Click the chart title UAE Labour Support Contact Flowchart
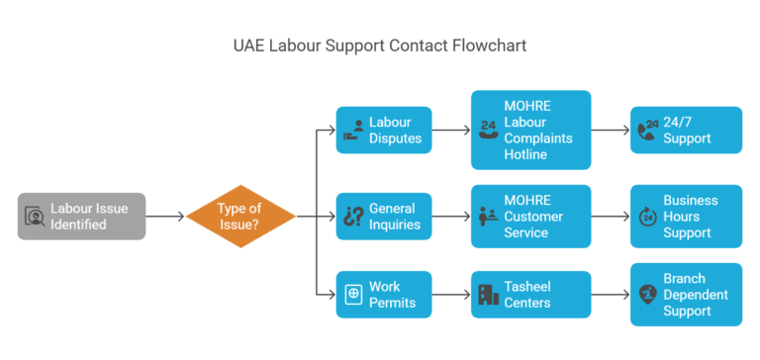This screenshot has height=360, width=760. (379, 46)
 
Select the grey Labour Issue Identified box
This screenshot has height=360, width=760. (82, 216)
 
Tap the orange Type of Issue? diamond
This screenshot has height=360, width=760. (241, 216)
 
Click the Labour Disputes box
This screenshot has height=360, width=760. (384, 130)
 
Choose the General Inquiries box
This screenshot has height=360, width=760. (384, 216)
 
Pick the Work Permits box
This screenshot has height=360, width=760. (384, 294)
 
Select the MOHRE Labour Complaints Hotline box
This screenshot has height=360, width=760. (530, 130)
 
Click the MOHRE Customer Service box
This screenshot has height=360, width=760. (530, 216)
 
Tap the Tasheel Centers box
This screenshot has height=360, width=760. (530, 294)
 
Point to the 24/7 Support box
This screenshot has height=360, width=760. (686, 130)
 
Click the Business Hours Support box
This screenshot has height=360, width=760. (686, 216)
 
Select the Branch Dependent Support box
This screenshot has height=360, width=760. (686, 294)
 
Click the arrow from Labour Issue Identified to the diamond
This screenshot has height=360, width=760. (165, 216)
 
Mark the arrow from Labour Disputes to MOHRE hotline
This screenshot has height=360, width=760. (450, 130)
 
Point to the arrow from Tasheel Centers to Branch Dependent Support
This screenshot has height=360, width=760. (610, 294)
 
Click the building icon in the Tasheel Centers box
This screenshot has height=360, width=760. (489, 294)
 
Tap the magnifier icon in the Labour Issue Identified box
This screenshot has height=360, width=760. (35, 216)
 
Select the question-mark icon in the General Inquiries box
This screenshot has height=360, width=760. (351, 216)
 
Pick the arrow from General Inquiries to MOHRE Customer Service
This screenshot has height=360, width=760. (450, 216)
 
